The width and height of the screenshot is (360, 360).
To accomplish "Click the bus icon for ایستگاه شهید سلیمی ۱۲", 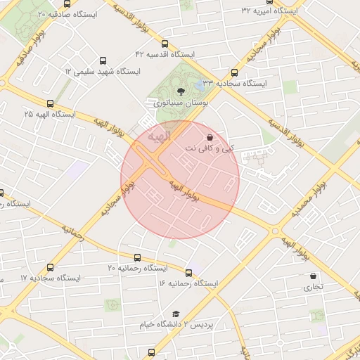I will point(104,61).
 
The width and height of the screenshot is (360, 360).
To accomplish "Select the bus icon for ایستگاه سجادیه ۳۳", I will point(234,72).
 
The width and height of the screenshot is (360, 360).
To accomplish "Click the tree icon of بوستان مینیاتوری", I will point(181,91).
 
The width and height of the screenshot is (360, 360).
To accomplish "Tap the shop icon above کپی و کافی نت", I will point(209,138).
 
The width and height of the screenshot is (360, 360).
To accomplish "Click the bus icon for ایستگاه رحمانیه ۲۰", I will point(137,257).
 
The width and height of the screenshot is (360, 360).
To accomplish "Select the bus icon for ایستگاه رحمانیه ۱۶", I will point(188,272).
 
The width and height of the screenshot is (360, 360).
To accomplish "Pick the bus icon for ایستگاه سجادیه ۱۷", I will point(50,267).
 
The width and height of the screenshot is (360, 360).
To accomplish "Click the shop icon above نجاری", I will point(313,276).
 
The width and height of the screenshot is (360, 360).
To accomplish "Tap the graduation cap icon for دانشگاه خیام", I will point(176,314).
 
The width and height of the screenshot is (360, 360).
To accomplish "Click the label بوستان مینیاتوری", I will point(185,103).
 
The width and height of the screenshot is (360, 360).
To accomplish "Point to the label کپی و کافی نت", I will point(210,149).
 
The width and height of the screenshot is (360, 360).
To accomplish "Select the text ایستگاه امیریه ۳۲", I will point(269,11).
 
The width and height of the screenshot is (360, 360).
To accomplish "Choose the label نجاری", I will point(313,288).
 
